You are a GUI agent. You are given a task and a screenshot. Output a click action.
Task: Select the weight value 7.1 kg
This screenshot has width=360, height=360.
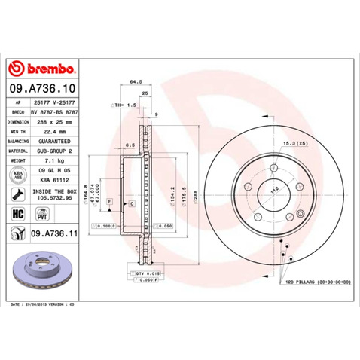(44, 160)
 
